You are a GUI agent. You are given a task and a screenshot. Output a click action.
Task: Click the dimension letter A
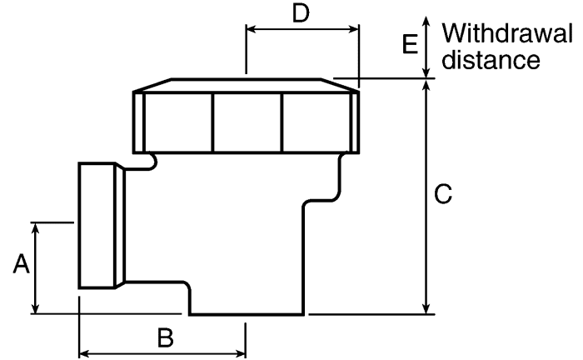pos(21,263)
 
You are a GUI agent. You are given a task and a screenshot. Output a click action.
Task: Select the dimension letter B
pos(166,337)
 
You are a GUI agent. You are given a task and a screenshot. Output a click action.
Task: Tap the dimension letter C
pos(443,194)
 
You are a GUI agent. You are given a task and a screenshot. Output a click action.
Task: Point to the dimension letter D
pos(301,14)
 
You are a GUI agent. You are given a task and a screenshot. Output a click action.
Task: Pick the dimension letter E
pos(410,44)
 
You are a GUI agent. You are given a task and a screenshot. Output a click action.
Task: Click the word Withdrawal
pos(507,33)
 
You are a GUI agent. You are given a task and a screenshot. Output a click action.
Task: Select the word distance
pos(491,59)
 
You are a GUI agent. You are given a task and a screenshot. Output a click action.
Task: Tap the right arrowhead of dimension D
pos(353,29)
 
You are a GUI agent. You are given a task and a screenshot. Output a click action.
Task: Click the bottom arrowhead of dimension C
pos(426,308)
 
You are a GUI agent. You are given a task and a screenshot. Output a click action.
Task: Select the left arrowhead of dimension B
pos(85,353)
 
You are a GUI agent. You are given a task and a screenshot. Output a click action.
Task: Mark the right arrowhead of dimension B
pos(240,353)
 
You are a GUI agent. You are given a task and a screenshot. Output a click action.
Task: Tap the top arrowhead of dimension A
pos(35,228)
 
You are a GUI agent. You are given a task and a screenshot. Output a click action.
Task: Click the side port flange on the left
pos(102,225)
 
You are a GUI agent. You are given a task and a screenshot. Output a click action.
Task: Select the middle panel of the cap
pos(247,122)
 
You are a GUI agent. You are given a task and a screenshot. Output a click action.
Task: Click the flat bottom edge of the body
pos(247,314)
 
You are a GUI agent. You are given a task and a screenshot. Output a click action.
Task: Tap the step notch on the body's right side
pos(322,201)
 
